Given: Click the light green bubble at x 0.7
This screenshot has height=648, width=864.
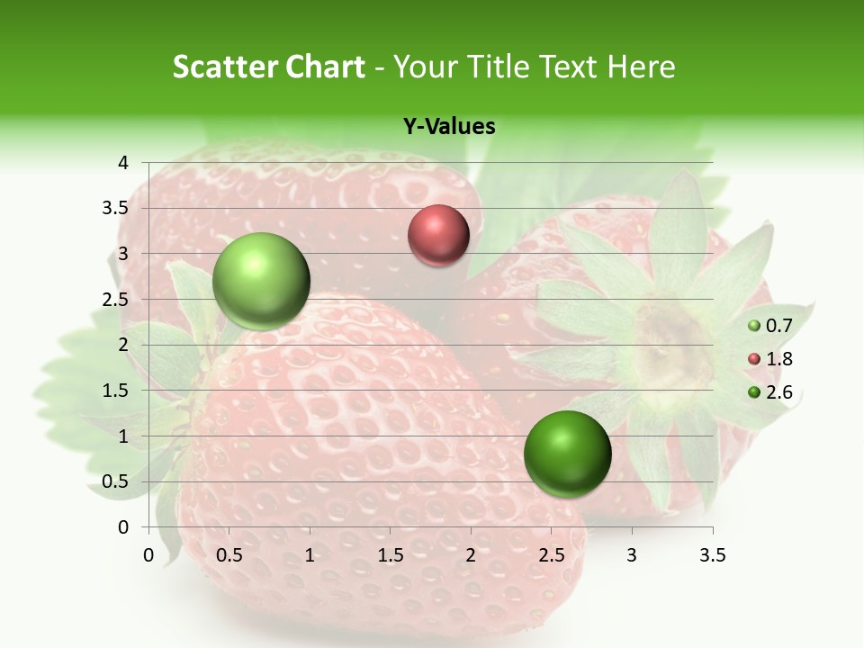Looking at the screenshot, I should click(261, 281).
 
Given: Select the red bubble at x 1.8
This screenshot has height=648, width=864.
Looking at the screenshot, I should click(438, 235).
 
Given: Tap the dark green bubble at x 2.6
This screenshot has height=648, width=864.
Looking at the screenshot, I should click(567, 454).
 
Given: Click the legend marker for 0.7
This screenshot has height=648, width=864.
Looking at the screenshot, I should click(754, 326).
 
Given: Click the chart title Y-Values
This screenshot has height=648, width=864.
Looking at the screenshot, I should click(448, 127).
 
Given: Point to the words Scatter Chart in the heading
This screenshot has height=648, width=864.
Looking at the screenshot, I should click(268, 67).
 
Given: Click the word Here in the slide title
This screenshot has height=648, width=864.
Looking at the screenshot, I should click(641, 67).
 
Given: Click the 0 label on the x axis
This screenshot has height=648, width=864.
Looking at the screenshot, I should click(149, 555).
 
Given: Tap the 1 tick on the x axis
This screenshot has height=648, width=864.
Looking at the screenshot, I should click(310, 555).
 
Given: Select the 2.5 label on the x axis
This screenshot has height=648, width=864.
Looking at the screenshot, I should click(551, 555).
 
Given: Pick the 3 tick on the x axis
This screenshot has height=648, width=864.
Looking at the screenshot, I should click(632, 555).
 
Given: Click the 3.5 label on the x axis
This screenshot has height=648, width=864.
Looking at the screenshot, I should click(712, 555).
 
